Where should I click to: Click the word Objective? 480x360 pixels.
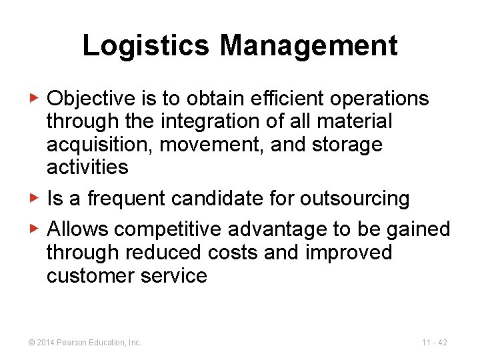92,99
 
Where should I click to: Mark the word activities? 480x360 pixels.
87,167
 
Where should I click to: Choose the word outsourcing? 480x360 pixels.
355,198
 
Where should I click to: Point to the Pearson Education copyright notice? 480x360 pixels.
85,343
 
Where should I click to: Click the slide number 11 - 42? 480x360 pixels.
434,343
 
